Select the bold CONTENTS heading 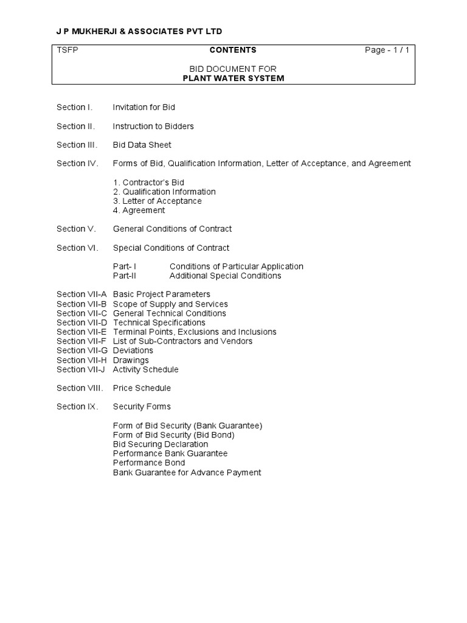[x=233, y=50]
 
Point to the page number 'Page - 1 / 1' [x=387, y=50]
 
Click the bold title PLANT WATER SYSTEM [x=233, y=78]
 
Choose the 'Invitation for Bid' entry [x=144, y=107]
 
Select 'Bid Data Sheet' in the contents [x=142, y=145]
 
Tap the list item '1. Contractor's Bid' [x=148, y=182]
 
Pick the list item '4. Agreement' [x=139, y=210]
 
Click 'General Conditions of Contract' [x=172, y=229]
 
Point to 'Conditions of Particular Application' [x=236, y=266]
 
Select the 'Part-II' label [x=125, y=276]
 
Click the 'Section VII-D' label [x=81, y=322]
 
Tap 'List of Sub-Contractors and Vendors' [x=182, y=341]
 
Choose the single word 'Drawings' [x=131, y=360]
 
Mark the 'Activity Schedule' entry [x=145, y=369]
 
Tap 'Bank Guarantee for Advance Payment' [x=187, y=472]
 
